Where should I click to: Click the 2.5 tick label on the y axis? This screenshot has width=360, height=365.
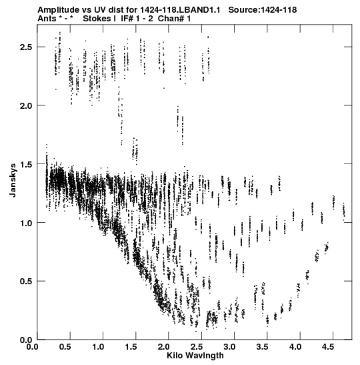26,47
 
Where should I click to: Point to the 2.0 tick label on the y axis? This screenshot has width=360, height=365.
26,106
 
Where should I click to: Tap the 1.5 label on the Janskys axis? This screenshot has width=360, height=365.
26,165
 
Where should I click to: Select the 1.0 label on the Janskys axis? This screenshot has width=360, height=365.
26,224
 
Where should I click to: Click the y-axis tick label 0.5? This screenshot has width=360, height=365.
26,282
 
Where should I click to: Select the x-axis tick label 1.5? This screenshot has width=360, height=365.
131,347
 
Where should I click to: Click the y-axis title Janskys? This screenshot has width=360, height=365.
13,180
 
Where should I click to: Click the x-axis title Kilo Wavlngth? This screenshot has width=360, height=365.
195,356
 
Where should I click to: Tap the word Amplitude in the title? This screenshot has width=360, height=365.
59,10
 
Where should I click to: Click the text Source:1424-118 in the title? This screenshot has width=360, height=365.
262,10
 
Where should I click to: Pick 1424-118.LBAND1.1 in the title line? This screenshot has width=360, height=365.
180,10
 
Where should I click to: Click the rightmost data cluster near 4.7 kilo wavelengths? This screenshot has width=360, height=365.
344,212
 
